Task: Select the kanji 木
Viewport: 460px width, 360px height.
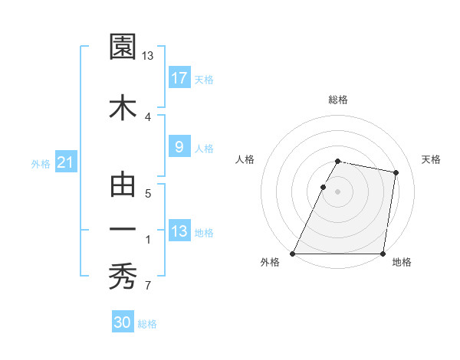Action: (123, 108)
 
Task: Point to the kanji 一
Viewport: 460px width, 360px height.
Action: (123, 229)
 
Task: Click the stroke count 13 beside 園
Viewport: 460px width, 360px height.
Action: (148, 56)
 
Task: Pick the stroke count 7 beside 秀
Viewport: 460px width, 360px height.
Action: (147, 286)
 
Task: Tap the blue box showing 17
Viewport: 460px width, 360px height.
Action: (179, 77)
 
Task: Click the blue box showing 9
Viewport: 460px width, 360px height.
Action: (179, 147)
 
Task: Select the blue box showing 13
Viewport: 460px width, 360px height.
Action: (179, 231)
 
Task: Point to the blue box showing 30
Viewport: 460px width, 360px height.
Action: (123, 322)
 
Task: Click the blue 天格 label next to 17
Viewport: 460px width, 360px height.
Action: (203, 79)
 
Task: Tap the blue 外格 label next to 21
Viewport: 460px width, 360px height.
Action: (41, 163)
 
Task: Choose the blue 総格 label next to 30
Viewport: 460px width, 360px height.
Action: (147, 324)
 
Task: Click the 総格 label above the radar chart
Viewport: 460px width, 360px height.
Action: (338, 100)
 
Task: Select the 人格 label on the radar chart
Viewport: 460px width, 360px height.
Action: (245, 159)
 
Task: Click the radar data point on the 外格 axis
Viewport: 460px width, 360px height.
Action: (293, 254)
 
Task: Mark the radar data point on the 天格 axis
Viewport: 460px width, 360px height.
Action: (396, 172)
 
